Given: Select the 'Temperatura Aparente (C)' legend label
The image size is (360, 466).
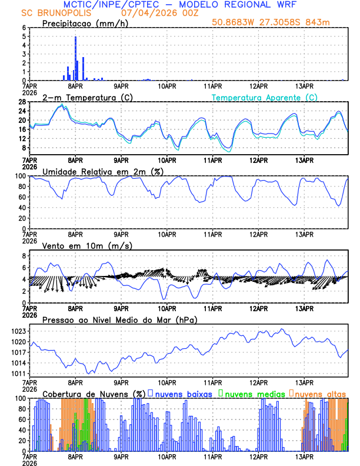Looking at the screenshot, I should pos(265,97).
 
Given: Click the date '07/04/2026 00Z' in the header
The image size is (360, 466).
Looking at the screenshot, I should pos(145,12).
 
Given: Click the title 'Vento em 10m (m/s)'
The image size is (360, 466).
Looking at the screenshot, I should pos(79,245).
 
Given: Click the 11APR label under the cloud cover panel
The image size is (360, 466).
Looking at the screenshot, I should pos(212,457).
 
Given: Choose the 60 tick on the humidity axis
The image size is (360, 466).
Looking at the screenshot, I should pos(22,197).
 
